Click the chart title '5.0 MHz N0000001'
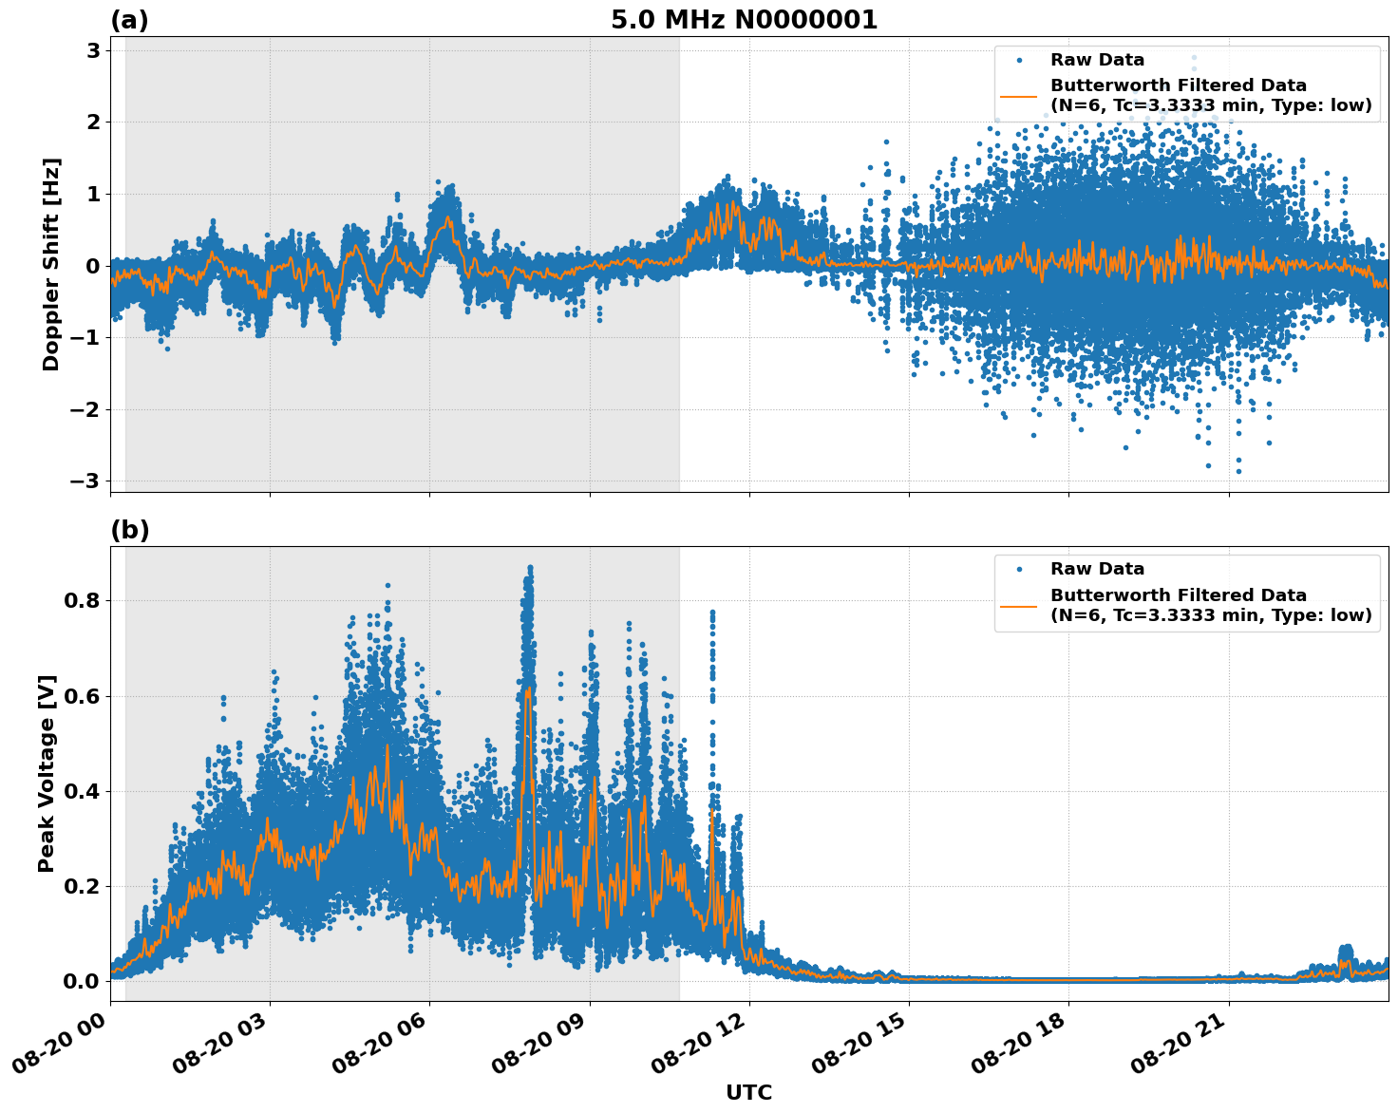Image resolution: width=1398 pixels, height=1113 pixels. (744, 20)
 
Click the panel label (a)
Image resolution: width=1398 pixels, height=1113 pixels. (129, 20)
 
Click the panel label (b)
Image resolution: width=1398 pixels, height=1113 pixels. (129, 530)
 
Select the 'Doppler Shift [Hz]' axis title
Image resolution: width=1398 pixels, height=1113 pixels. (51, 264)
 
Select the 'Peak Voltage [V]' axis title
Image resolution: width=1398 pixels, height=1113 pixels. (47, 773)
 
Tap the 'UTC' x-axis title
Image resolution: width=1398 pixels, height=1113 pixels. (748, 1092)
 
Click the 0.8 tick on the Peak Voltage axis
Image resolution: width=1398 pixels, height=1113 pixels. (83, 601)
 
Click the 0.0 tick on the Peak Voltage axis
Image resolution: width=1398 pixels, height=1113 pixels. (83, 981)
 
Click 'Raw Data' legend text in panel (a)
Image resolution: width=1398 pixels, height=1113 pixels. (1097, 60)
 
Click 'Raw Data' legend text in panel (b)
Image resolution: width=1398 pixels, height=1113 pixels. (1097, 569)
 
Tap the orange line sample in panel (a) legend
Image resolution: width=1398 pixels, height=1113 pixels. (1018, 96)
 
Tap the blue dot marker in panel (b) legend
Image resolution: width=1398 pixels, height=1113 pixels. (1018, 569)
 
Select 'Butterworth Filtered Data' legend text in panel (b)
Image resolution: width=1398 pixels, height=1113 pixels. (1178, 595)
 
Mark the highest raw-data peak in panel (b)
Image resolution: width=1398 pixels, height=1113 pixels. (530, 567)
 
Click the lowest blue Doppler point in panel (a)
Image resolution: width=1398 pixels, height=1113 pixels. (1237, 471)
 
